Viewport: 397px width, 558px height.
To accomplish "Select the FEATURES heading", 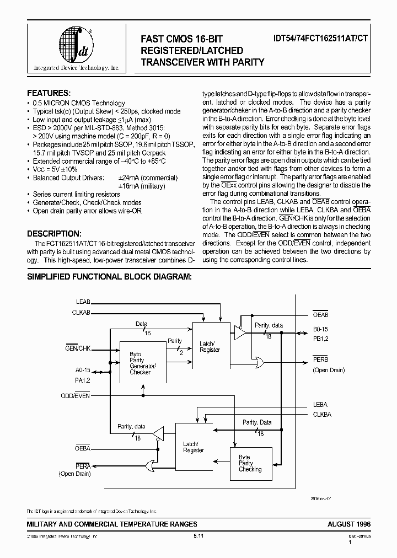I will point(49,93).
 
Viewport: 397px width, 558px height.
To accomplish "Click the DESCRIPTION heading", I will point(54,234).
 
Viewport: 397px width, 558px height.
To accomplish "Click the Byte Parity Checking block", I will point(250,463).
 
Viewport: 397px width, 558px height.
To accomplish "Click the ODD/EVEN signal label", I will point(76,396).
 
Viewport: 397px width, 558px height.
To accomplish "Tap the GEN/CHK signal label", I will point(77,348).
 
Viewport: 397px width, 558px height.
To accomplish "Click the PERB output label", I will point(320,359).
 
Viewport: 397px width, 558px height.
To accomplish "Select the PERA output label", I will point(83,466).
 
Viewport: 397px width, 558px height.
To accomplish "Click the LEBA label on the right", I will point(320,405).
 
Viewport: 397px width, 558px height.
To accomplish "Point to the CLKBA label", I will point(321,414).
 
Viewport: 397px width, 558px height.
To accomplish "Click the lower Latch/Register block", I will point(193,447).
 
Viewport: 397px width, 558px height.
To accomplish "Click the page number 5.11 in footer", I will point(198,536).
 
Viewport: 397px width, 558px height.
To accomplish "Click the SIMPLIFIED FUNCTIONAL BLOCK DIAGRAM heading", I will point(109,277).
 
